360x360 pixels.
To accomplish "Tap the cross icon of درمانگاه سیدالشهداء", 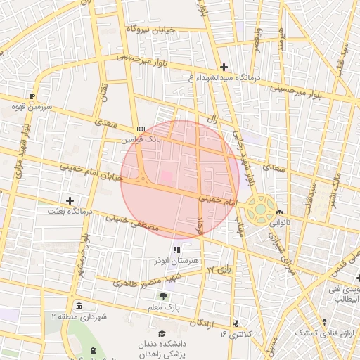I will click(x=224, y=66).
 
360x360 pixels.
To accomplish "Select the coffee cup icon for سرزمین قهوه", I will click(x=32, y=96).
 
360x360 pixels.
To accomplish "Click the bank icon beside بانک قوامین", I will click(x=141, y=129).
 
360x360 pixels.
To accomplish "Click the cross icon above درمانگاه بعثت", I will click(x=70, y=200).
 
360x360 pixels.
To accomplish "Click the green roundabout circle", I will click(x=261, y=208).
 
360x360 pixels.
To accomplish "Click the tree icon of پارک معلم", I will click(x=163, y=296).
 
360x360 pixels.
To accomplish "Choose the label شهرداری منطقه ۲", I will click(x=79, y=317).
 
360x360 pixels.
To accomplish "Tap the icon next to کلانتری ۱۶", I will click(x=236, y=323).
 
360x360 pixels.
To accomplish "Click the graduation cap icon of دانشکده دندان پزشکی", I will click(x=162, y=333).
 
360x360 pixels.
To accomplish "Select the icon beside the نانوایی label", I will click(x=281, y=212).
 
